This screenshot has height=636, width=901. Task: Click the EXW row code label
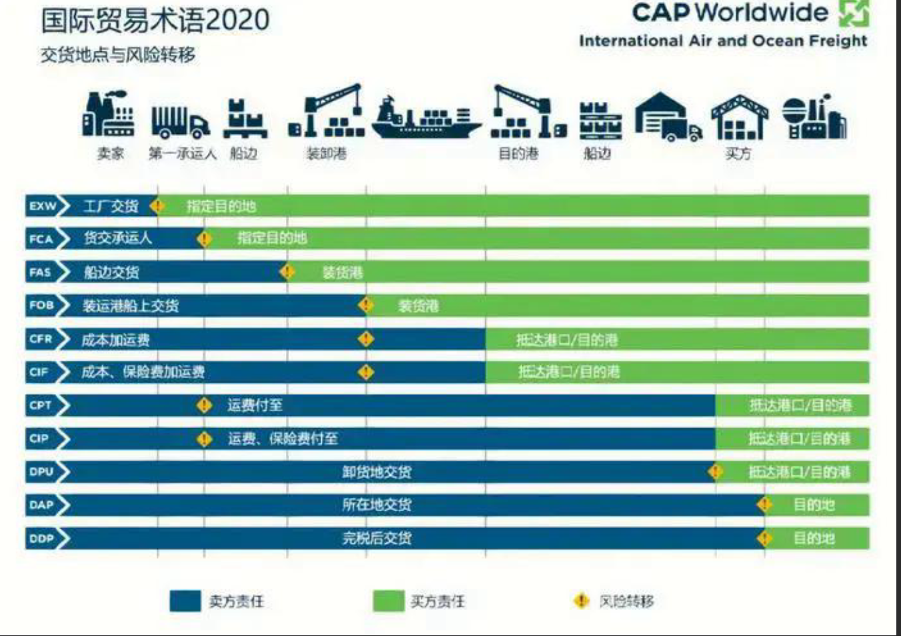tap(42, 206)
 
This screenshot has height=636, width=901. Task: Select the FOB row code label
tap(41, 305)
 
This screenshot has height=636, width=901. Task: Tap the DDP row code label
tap(41, 538)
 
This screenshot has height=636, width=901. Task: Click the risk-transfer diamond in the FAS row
tap(287, 271)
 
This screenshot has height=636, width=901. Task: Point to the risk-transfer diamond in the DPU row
tap(716, 471)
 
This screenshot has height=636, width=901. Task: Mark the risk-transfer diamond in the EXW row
tap(157, 205)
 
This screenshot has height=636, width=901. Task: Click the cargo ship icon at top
tap(425, 119)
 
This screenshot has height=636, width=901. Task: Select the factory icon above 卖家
tap(109, 115)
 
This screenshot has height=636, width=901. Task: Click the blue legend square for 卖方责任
tap(185, 601)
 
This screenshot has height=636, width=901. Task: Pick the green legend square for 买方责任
tap(388, 601)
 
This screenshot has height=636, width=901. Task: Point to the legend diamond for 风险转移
tap(581, 601)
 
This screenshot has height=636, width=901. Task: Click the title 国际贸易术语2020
tap(155, 21)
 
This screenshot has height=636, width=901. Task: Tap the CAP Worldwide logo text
tap(730, 13)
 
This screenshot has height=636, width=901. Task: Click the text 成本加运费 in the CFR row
tap(115, 340)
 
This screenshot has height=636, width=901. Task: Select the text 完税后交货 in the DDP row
tap(377, 538)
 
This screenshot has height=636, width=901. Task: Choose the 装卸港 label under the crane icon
tap(326, 154)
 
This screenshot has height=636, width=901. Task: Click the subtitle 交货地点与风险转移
tap(118, 55)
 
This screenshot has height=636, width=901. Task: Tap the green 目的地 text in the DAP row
tap(813, 505)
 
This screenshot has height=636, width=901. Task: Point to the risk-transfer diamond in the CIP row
tap(204, 439)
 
